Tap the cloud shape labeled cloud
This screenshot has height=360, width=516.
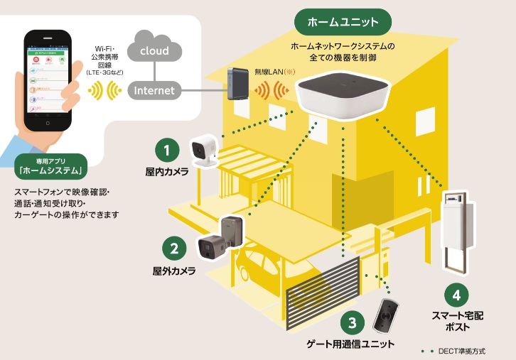point(154,50)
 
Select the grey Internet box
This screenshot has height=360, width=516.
point(154,90)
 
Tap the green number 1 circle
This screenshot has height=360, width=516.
point(167,150)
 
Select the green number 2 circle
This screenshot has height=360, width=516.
point(173,249)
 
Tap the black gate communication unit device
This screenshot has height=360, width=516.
point(387,315)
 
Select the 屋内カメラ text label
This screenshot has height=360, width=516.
point(167,172)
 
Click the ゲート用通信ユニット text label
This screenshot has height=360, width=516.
point(350,345)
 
